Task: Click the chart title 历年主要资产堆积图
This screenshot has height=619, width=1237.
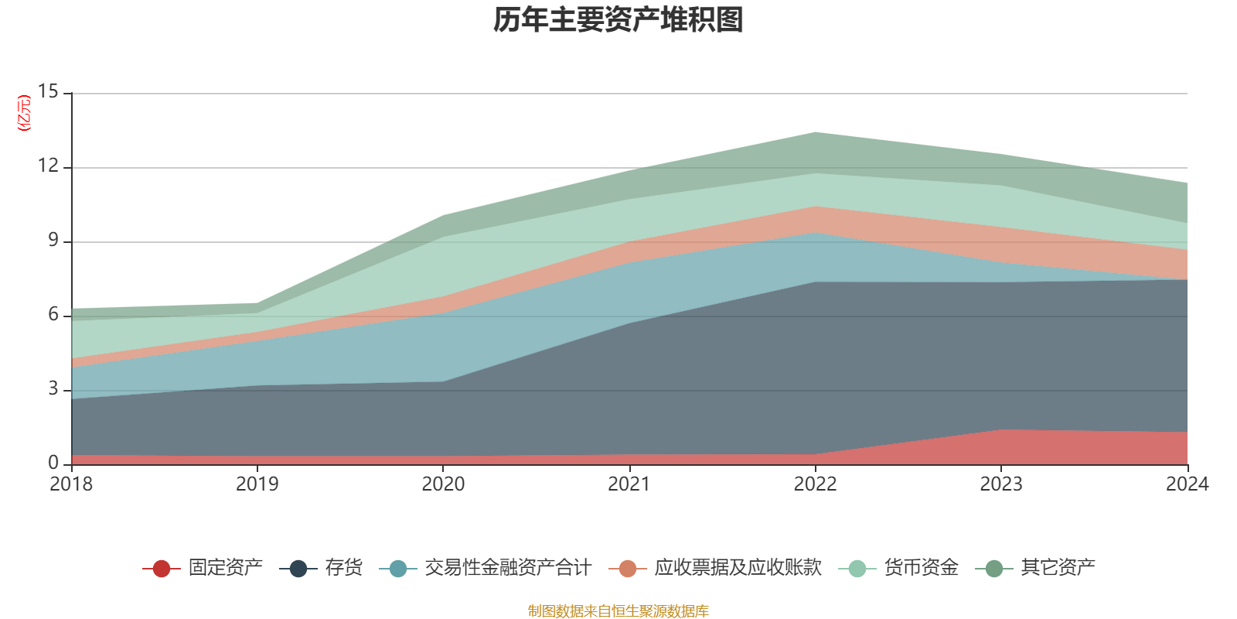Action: pos(618,20)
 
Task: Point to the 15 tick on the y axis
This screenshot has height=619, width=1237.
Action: pos(48,92)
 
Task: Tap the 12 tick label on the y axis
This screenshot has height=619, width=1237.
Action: pos(48,166)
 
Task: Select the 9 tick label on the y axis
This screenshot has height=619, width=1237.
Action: pos(53,241)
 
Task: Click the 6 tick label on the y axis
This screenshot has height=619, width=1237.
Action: pos(53,315)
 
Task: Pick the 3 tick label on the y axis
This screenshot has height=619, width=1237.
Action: pos(53,389)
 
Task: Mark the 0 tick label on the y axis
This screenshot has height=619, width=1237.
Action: pos(53,463)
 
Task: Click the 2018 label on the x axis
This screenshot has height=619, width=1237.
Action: pos(71,484)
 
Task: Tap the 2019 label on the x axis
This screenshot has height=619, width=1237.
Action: pos(257,484)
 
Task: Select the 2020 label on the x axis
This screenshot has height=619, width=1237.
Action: pos(443,484)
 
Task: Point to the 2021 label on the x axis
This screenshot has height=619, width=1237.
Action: pos(629,484)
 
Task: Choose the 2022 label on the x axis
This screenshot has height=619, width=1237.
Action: pos(815,484)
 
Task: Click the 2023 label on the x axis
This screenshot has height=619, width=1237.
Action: pos(1001,484)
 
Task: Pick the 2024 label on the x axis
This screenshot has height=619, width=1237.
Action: pos(1187,484)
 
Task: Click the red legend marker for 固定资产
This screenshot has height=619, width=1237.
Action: pos(161,569)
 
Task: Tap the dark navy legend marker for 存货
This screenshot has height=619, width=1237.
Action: pos(298,569)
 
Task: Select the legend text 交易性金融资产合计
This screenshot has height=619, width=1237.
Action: pos(507,568)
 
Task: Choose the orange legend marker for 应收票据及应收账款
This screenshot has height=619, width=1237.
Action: pos(628,569)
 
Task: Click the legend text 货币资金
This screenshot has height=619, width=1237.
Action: pos(921,568)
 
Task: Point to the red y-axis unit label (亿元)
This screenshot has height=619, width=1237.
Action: pos(24,113)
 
